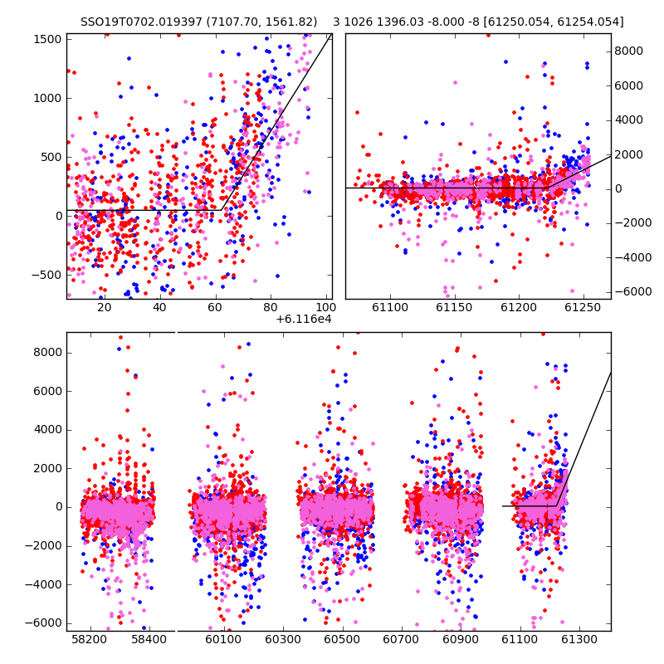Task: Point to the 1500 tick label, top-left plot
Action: (47, 39)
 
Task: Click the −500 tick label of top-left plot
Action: (46, 276)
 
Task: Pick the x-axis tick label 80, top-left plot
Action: (271, 307)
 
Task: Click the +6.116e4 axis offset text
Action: (304, 319)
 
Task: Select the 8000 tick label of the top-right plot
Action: (629, 51)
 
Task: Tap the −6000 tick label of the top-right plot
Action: (633, 292)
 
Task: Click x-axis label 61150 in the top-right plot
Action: (454, 307)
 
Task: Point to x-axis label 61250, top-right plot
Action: (583, 307)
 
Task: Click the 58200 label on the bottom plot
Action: (90, 639)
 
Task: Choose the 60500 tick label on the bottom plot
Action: (342, 639)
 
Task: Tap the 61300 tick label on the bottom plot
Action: (579, 639)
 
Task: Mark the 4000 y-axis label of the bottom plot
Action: (47, 430)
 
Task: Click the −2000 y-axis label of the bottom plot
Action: (43, 546)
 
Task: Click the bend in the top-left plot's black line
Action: (222, 210)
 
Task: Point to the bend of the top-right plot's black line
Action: (547, 188)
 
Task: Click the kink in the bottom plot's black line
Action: (556, 505)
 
